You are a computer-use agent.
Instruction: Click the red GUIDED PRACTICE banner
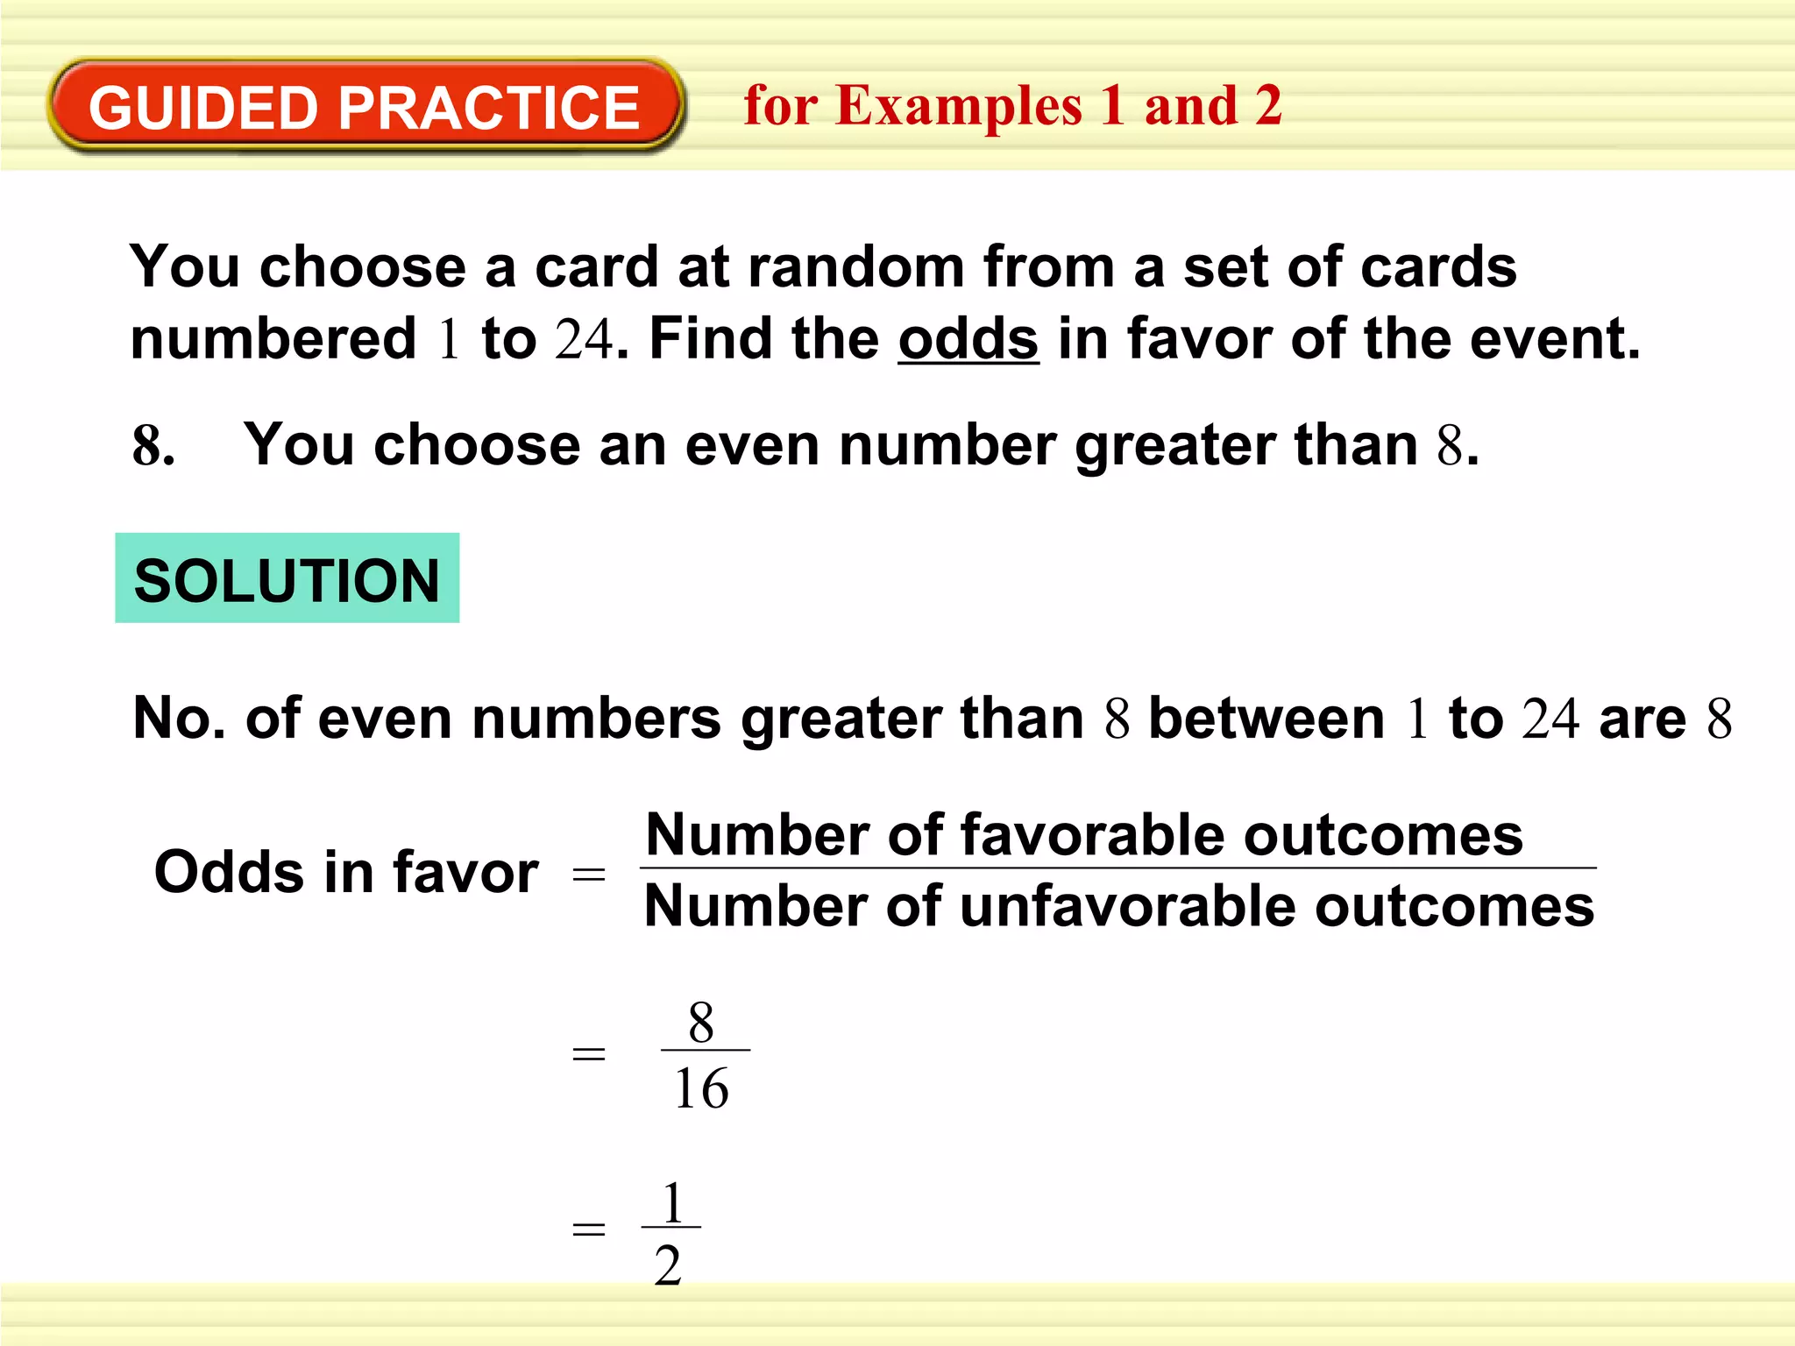pyautogui.click(x=365, y=107)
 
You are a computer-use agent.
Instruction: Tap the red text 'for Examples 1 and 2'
pyautogui.click(x=1012, y=107)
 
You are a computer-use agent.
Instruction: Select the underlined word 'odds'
pyautogui.click(x=968, y=339)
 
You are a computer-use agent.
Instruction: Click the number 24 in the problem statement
pyautogui.click(x=584, y=339)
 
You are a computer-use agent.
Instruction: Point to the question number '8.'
pyautogui.click(x=153, y=446)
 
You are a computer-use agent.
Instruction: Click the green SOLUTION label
pyautogui.click(x=287, y=579)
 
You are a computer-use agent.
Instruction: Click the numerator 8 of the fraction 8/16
pyautogui.click(x=700, y=1023)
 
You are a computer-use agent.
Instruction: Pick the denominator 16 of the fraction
pyautogui.click(x=701, y=1089)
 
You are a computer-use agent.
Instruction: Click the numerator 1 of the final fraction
pyautogui.click(x=672, y=1202)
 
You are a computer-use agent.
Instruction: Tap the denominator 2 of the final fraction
pyautogui.click(x=668, y=1266)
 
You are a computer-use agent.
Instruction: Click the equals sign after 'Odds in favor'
pyautogui.click(x=588, y=874)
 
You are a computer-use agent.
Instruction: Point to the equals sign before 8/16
pyautogui.click(x=588, y=1053)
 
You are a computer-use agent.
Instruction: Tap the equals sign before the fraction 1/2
pyautogui.click(x=588, y=1229)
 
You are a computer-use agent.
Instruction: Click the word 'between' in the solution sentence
pyautogui.click(x=1266, y=719)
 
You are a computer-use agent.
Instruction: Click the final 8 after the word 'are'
pyautogui.click(x=1719, y=719)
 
